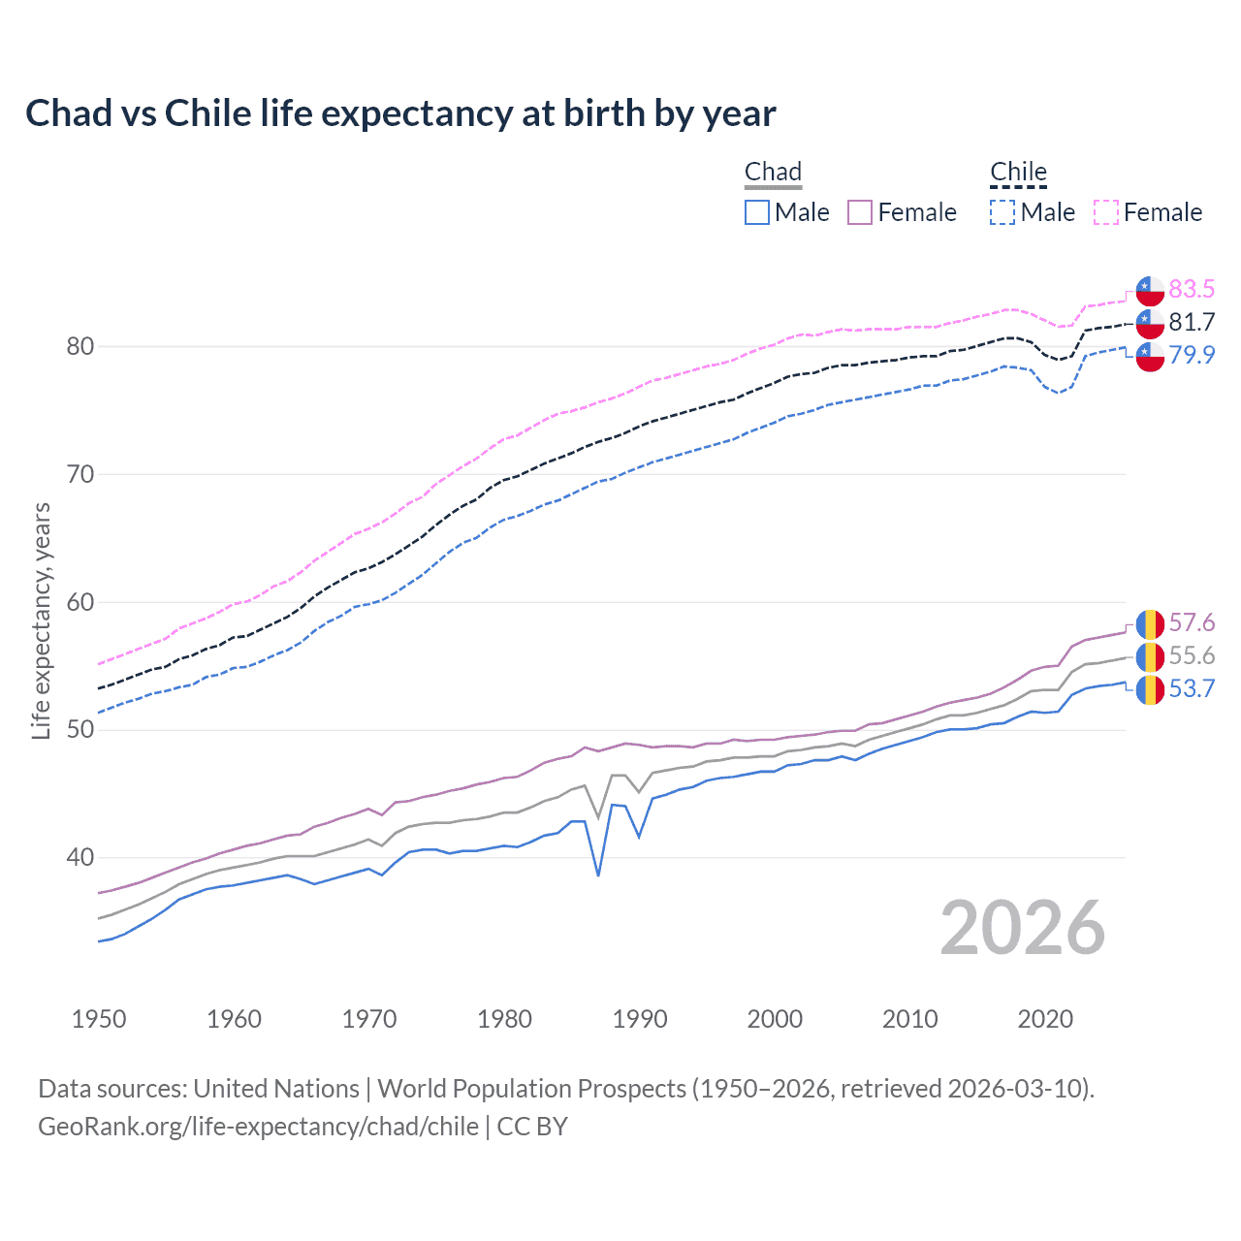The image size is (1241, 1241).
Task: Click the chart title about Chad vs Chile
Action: pos(400,113)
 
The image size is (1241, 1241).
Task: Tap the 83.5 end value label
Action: pos(1192,289)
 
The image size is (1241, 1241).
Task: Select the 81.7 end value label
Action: pos(1192,322)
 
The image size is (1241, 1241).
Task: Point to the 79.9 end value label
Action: pos(1192,355)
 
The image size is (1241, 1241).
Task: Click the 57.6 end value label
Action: pos(1192,622)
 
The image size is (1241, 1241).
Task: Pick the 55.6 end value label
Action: pos(1192,655)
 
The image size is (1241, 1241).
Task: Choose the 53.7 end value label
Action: pos(1192,688)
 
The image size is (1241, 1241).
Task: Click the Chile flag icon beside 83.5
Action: pos(1150,290)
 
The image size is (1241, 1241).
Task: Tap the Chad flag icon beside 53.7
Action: pos(1150,689)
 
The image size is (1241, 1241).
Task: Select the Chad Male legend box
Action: pos(757,212)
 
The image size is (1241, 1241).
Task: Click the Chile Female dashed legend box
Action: pos(1106,212)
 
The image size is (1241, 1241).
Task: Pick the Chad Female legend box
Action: pos(860,212)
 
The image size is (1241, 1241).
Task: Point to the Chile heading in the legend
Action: pos(1018,172)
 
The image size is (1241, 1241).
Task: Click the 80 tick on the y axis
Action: pos(80,346)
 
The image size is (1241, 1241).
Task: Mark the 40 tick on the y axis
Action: pos(80,857)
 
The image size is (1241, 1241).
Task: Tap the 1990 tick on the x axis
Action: pos(640,1019)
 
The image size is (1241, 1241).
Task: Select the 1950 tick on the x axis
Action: pos(99,1019)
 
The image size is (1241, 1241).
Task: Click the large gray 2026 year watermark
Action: pos(1023,928)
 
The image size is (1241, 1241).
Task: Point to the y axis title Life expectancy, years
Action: pos(41,620)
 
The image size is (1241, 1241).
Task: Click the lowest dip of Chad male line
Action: pos(598,875)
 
